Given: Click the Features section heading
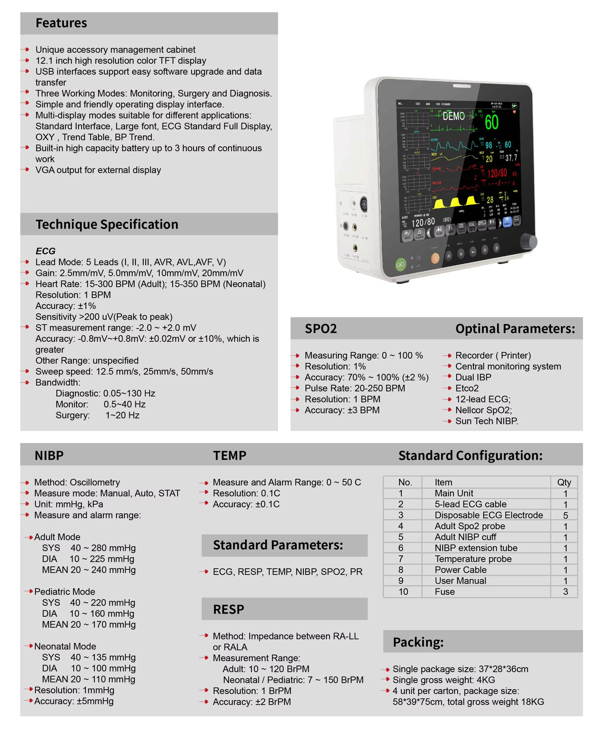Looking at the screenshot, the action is (x=61, y=23).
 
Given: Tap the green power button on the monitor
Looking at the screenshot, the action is (x=400, y=265).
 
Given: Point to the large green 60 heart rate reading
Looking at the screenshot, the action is (x=492, y=123).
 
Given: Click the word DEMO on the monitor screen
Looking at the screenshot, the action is (x=454, y=116).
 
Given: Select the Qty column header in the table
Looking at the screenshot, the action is (x=564, y=483).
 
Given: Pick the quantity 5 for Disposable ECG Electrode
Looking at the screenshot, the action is (x=565, y=516).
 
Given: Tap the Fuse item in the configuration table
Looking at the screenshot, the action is (x=445, y=592).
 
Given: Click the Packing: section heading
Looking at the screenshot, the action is (x=418, y=642).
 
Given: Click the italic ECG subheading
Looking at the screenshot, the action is (x=45, y=251).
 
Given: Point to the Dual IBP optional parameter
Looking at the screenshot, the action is (x=473, y=377).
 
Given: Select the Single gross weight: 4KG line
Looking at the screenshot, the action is (x=444, y=680).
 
